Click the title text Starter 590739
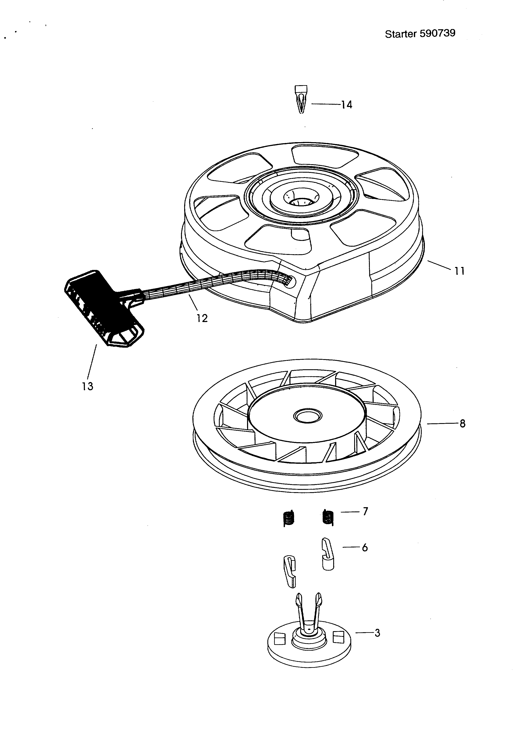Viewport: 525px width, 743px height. (420, 34)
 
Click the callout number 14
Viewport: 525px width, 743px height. (347, 105)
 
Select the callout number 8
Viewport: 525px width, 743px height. (462, 423)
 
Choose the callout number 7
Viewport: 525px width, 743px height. (365, 512)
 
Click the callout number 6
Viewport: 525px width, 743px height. (365, 547)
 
